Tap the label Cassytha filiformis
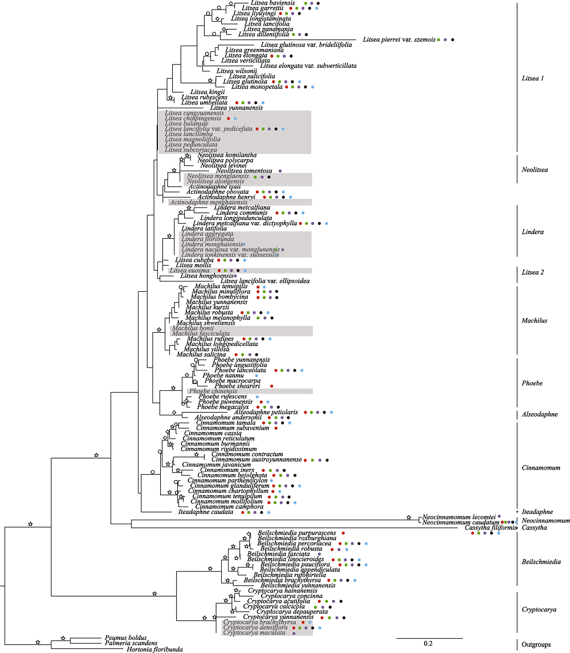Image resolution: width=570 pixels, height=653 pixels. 491,528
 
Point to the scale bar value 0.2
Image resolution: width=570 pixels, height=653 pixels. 428,643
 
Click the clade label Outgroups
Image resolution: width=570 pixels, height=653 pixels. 536,644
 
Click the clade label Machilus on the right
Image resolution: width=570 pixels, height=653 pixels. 535,320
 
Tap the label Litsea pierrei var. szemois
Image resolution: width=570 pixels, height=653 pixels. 399,39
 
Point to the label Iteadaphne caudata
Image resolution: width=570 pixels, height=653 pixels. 206,512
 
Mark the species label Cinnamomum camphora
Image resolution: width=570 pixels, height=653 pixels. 221,506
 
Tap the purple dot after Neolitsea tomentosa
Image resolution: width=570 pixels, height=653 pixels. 280,171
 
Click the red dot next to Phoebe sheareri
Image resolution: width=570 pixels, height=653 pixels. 271,386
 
